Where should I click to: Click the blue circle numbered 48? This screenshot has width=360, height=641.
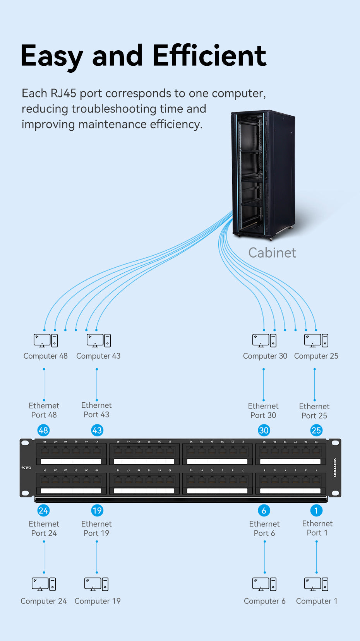tap(43, 430)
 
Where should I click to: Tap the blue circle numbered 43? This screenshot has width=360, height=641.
tap(97, 430)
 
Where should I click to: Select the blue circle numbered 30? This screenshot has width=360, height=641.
tap(264, 430)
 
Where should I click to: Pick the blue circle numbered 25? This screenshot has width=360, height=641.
tap(316, 430)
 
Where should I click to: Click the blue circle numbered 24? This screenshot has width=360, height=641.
tap(43, 511)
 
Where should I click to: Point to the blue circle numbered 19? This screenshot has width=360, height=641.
tap(97, 511)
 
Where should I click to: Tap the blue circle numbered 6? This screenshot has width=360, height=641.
tap(264, 511)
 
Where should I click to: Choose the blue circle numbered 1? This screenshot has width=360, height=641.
tap(316, 511)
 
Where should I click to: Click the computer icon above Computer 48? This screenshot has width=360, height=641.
tap(46, 340)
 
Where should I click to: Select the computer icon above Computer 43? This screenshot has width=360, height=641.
tap(98, 340)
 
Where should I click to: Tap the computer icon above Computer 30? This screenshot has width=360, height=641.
tap(264, 340)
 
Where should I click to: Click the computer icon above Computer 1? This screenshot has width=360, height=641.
tap(316, 584)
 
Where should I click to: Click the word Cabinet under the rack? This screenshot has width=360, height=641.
tap(272, 253)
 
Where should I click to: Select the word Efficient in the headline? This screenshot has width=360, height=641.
tap(209, 56)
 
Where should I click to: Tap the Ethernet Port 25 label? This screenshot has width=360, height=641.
tap(314, 411)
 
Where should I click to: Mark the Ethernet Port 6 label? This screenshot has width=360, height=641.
tap(264, 528)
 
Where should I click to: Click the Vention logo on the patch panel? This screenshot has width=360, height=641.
tap(335, 467)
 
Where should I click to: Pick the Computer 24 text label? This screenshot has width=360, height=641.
tap(43, 601)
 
